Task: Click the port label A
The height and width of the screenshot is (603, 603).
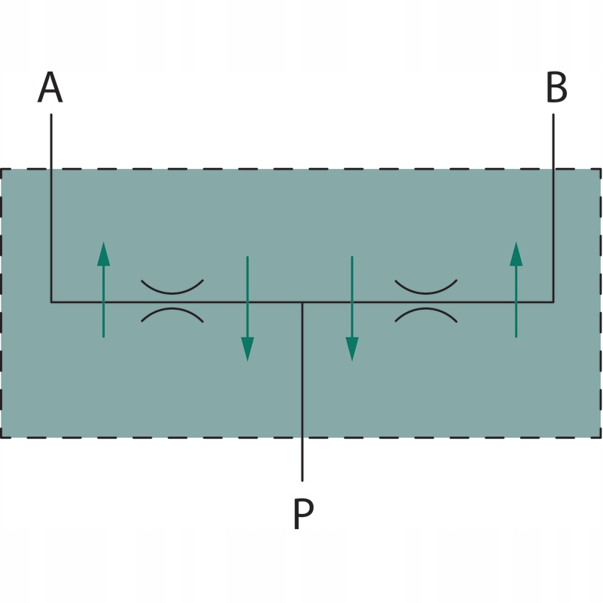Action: point(51,88)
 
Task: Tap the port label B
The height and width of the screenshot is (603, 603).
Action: point(556,88)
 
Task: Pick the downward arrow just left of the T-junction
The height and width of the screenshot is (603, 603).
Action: point(247,308)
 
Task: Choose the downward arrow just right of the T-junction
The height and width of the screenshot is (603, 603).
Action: point(351,308)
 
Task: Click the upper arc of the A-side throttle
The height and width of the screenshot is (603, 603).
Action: point(173,289)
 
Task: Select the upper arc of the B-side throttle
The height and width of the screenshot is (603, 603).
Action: point(427,289)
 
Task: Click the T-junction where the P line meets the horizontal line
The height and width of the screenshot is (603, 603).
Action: point(302,302)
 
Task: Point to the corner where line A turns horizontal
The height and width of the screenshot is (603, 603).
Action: point(51,302)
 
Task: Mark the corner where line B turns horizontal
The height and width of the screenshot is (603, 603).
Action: point(553,302)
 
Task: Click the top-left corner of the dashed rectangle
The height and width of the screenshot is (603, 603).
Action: point(2,169)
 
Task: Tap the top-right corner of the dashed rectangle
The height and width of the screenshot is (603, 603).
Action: point(601,169)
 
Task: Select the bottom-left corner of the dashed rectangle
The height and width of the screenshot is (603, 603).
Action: point(2,437)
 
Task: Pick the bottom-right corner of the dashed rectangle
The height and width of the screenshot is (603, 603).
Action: point(601,437)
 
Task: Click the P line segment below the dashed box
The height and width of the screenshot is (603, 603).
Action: point(302,460)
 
